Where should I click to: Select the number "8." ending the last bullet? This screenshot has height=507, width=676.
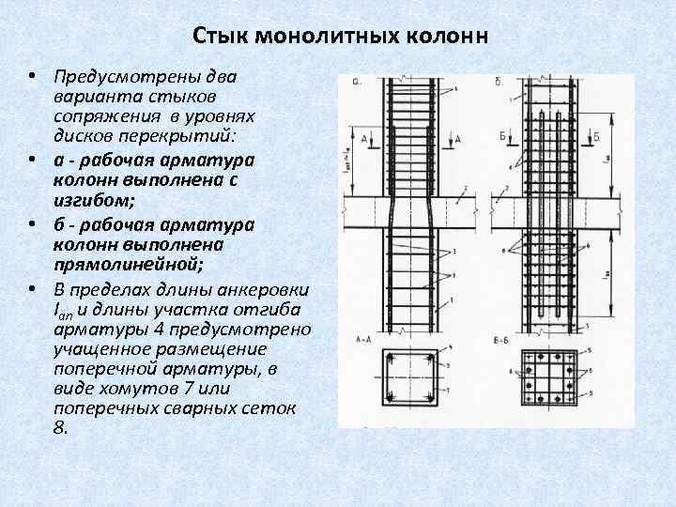pyautogui.click(x=62, y=426)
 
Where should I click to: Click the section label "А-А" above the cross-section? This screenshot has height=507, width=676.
pyautogui.click(x=362, y=336)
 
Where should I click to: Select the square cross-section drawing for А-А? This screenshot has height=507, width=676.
pyautogui.click(x=405, y=379)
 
